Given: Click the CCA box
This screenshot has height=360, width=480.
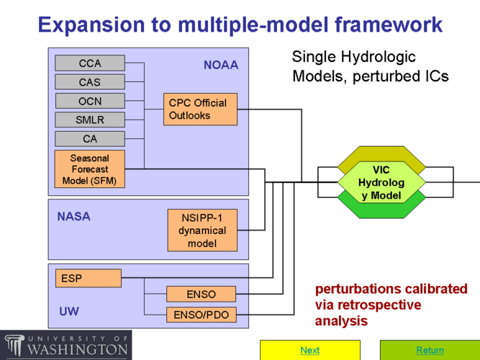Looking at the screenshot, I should coord(90,63).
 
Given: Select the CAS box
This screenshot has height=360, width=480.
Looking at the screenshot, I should coord(90,82).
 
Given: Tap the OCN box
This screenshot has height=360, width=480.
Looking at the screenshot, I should coord(90,101).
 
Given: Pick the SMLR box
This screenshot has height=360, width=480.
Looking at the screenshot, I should coord(90,120).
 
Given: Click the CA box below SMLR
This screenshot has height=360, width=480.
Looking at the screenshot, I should coord(90,138).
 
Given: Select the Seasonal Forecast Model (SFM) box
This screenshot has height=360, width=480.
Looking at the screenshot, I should coord(90,169).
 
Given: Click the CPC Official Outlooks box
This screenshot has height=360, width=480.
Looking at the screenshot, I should coord(200,109).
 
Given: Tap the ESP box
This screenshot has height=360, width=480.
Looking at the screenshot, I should coord(89,278).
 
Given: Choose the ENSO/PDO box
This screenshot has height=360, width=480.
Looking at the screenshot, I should coord(201,315).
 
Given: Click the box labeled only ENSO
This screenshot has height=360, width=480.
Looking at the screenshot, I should coord(201,294).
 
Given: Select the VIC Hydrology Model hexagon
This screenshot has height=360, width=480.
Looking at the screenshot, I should coord(381,182).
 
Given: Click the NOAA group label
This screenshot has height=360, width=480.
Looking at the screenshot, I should coord(221,66).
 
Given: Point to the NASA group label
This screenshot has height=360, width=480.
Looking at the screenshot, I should coord(73,216).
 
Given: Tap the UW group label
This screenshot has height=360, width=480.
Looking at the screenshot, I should coord(69,312).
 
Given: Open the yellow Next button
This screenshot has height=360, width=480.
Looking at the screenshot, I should coord(309,350).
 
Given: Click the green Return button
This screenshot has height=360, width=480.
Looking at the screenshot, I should coord(430,350).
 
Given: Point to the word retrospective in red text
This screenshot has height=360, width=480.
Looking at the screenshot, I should coord(382,305).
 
